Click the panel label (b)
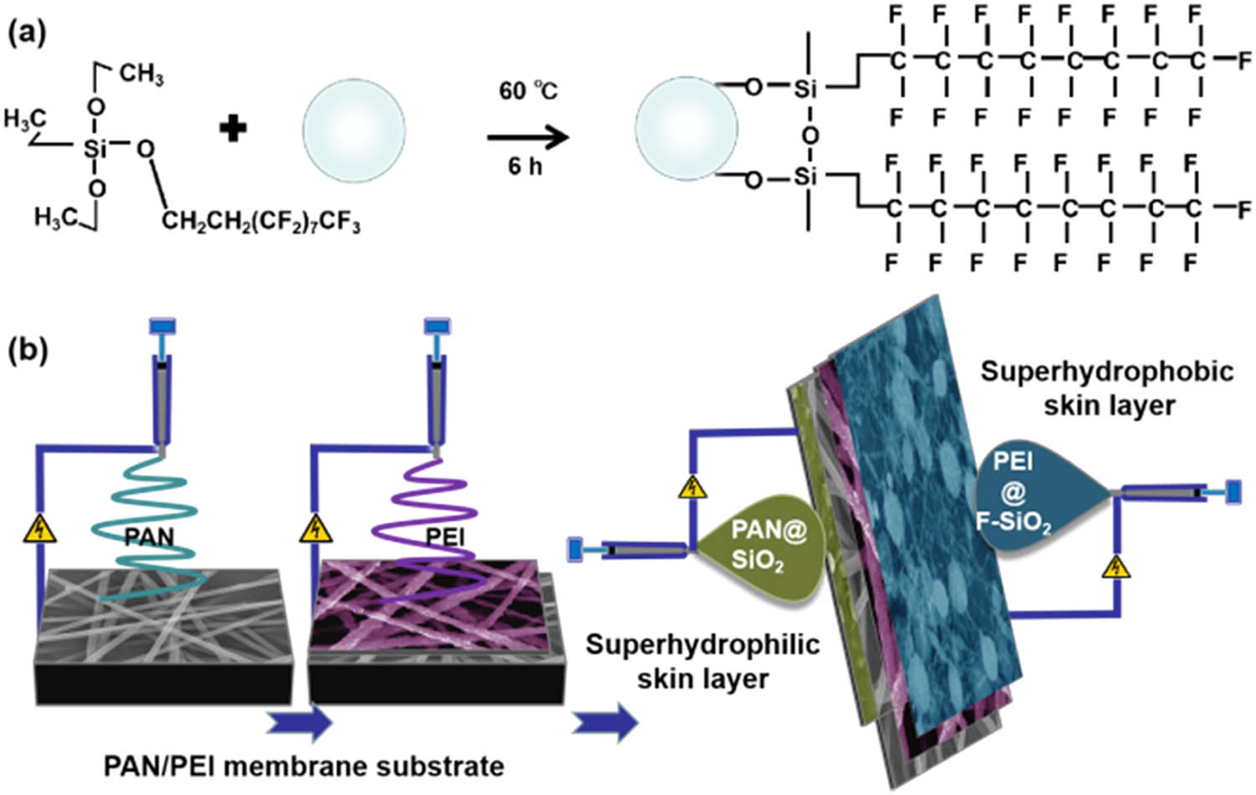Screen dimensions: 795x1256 (27, 350)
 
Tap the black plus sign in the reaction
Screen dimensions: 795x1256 (233, 130)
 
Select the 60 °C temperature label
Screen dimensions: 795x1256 (528, 90)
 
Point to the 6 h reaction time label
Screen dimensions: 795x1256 (525, 167)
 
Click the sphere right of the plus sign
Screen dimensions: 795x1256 (353, 131)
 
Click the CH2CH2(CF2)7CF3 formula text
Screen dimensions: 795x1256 (260, 222)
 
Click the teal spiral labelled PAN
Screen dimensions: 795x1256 (149, 519)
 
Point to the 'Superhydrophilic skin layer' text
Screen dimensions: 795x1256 (702, 661)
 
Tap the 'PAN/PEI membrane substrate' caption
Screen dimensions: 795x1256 (303, 766)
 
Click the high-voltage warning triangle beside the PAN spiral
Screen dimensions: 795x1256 (39, 529)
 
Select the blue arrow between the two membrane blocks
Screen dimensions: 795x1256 (300, 722)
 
